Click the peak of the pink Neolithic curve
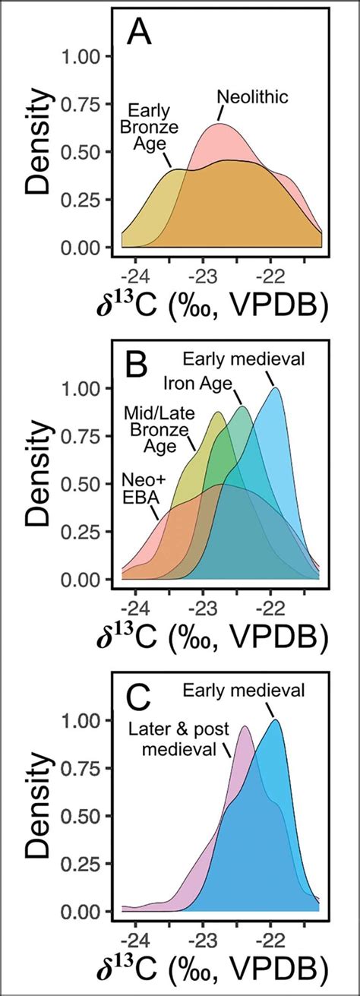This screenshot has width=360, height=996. tap(220, 123)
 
